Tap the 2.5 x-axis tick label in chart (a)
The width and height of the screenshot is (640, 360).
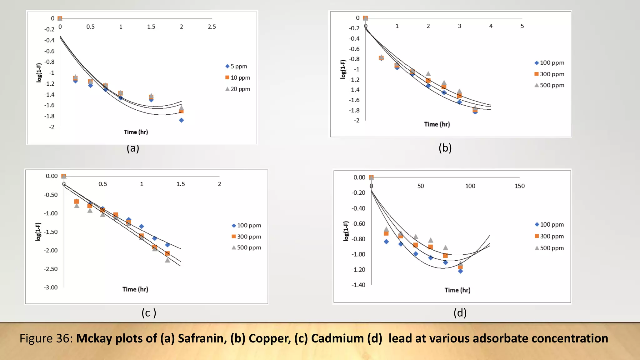tap(212, 27)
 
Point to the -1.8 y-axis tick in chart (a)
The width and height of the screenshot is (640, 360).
tap(49, 116)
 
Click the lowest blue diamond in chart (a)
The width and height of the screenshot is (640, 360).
tap(181, 120)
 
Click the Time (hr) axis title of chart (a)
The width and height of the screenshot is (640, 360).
tap(136, 132)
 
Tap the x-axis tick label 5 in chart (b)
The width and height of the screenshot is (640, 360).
tap(522, 26)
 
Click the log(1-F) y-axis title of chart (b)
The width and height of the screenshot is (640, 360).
tap(343, 69)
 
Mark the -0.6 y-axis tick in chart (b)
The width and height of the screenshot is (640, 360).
tap(354, 49)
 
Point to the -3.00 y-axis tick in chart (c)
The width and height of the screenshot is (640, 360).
tap(51, 287)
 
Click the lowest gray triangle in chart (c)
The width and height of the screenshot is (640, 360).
tap(167, 260)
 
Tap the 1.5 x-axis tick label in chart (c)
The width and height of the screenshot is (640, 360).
tap(181, 184)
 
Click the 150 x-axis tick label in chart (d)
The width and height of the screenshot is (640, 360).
tap(519, 186)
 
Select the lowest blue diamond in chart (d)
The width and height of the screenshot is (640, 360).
tap(460, 271)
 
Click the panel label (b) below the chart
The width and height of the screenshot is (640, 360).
tap(445, 148)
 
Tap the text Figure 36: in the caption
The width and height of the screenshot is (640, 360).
tap(46, 338)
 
